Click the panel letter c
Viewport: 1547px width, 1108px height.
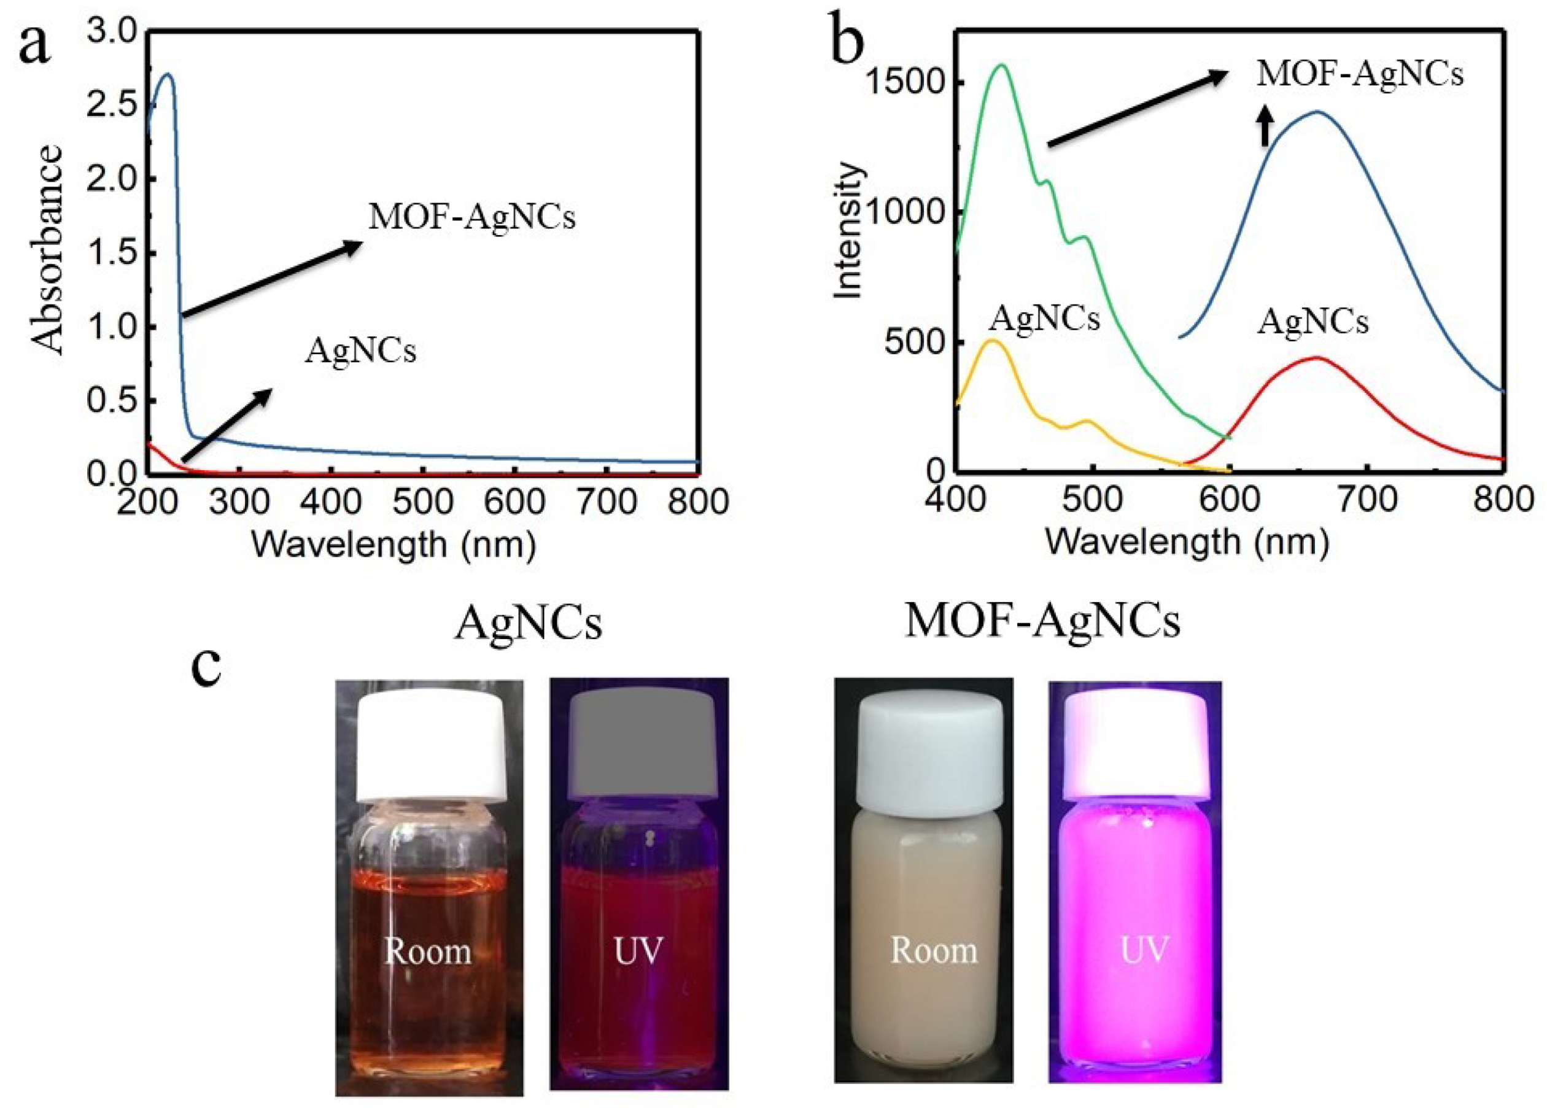(207, 667)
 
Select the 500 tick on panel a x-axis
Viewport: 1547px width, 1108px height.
(423, 503)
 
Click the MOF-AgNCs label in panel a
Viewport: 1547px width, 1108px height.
(472, 217)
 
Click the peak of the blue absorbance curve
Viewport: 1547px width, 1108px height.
(166, 74)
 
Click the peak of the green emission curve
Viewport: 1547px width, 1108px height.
(1002, 65)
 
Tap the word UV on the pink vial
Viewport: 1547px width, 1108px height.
(1144, 949)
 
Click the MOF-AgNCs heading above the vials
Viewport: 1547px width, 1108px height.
(1042, 622)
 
